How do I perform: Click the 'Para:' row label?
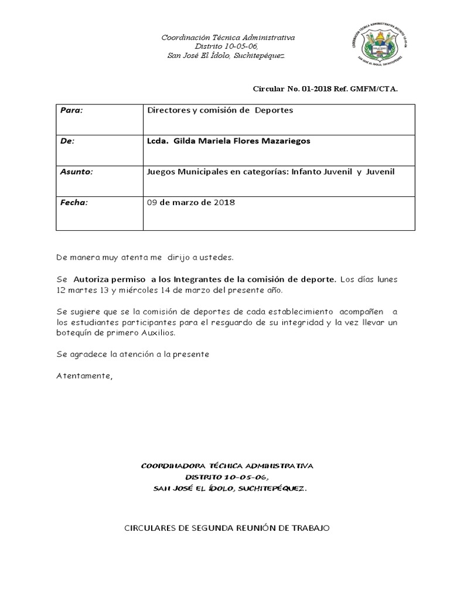click(72, 110)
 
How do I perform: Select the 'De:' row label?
click(68, 141)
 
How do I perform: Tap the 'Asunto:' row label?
click(77, 172)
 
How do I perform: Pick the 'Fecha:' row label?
click(74, 203)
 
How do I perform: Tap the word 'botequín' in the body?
click(73, 332)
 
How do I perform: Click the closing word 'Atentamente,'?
click(84, 376)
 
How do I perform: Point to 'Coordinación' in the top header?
click(185, 38)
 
